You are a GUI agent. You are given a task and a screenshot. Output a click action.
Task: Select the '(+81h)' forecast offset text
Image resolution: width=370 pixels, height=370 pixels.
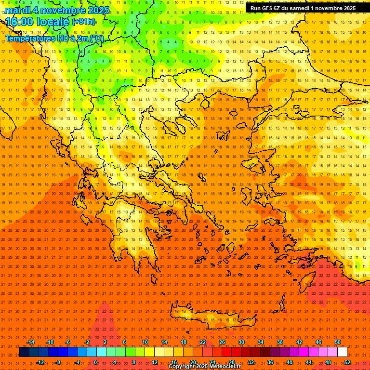pyautogui.click(x=83, y=22)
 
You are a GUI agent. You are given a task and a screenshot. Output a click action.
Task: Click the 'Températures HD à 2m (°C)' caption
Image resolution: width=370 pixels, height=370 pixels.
pyautogui.click(x=54, y=38)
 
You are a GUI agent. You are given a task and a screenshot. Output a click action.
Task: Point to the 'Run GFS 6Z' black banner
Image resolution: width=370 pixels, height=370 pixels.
pyautogui.click(x=303, y=8)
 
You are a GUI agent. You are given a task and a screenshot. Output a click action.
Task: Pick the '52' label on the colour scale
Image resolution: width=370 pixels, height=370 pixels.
pyautogui.click(x=347, y=362)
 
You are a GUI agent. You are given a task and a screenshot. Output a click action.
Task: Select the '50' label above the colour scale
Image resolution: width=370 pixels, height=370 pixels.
pyautogui.click(x=337, y=342)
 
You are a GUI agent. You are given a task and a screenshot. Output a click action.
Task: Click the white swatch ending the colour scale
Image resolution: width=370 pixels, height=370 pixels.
pyautogui.click(x=342, y=352)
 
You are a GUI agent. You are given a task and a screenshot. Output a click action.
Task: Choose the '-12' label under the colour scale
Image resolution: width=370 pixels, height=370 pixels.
pyautogui.click(x=40, y=362)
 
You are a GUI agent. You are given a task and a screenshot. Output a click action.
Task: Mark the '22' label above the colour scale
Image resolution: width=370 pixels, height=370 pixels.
pyautogui.click(x=203, y=342)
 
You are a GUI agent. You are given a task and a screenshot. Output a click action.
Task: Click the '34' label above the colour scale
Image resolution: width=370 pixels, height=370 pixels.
pyautogui.click(x=260, y=342)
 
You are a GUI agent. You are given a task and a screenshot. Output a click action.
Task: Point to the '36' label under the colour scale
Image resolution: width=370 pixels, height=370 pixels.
pyautogui.click(x=270, y=362)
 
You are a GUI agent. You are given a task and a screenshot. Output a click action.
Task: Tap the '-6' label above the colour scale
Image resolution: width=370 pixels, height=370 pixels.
pyautogui.click(x=68, y=342)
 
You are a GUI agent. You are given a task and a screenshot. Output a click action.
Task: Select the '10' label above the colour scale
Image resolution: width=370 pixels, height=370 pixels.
pyautogui.click(x=145, y=342)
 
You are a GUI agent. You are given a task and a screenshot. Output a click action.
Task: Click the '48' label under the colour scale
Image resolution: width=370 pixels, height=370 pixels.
pyautogui.click(x=328, y=362)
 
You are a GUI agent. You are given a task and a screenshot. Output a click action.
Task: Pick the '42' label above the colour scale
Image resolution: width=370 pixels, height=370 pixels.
pyautogui.click(x=299, y=342)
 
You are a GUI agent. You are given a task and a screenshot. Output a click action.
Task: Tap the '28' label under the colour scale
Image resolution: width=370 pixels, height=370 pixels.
pyautogui.click(x=232, y=362)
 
